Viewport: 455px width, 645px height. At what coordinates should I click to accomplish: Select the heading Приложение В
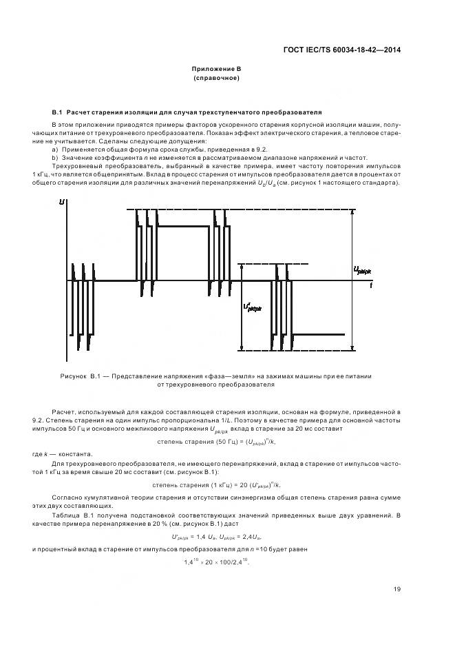[216, 69]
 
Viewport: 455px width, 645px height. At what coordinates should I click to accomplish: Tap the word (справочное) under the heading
[216, 78]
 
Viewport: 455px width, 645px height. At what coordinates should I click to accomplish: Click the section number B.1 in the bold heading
[57, 112]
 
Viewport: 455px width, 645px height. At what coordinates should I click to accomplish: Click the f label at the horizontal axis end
[371, 284]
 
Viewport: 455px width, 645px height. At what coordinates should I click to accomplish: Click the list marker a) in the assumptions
[55, 149]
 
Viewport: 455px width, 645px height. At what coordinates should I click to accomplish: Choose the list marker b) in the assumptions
[55, 157]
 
